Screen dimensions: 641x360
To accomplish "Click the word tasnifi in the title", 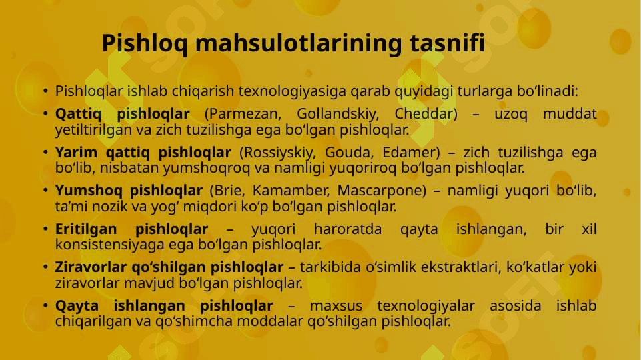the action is point(447,43).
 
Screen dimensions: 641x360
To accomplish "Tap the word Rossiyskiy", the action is point(277,153).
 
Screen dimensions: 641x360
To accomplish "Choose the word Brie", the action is point(227,191).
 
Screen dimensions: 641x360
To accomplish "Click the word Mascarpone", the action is point(382,191).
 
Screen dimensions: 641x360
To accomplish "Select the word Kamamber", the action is point(291,191).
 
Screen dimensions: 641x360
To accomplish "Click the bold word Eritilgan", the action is point(86,229).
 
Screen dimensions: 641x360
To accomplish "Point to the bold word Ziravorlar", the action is point(91,267).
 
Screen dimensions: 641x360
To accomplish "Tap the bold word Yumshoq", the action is point(89,191).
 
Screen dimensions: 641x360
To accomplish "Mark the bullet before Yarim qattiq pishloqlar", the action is point(45,152).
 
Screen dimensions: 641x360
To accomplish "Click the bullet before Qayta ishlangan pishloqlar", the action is point(45,305).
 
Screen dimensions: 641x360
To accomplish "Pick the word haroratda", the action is point(348,229).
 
